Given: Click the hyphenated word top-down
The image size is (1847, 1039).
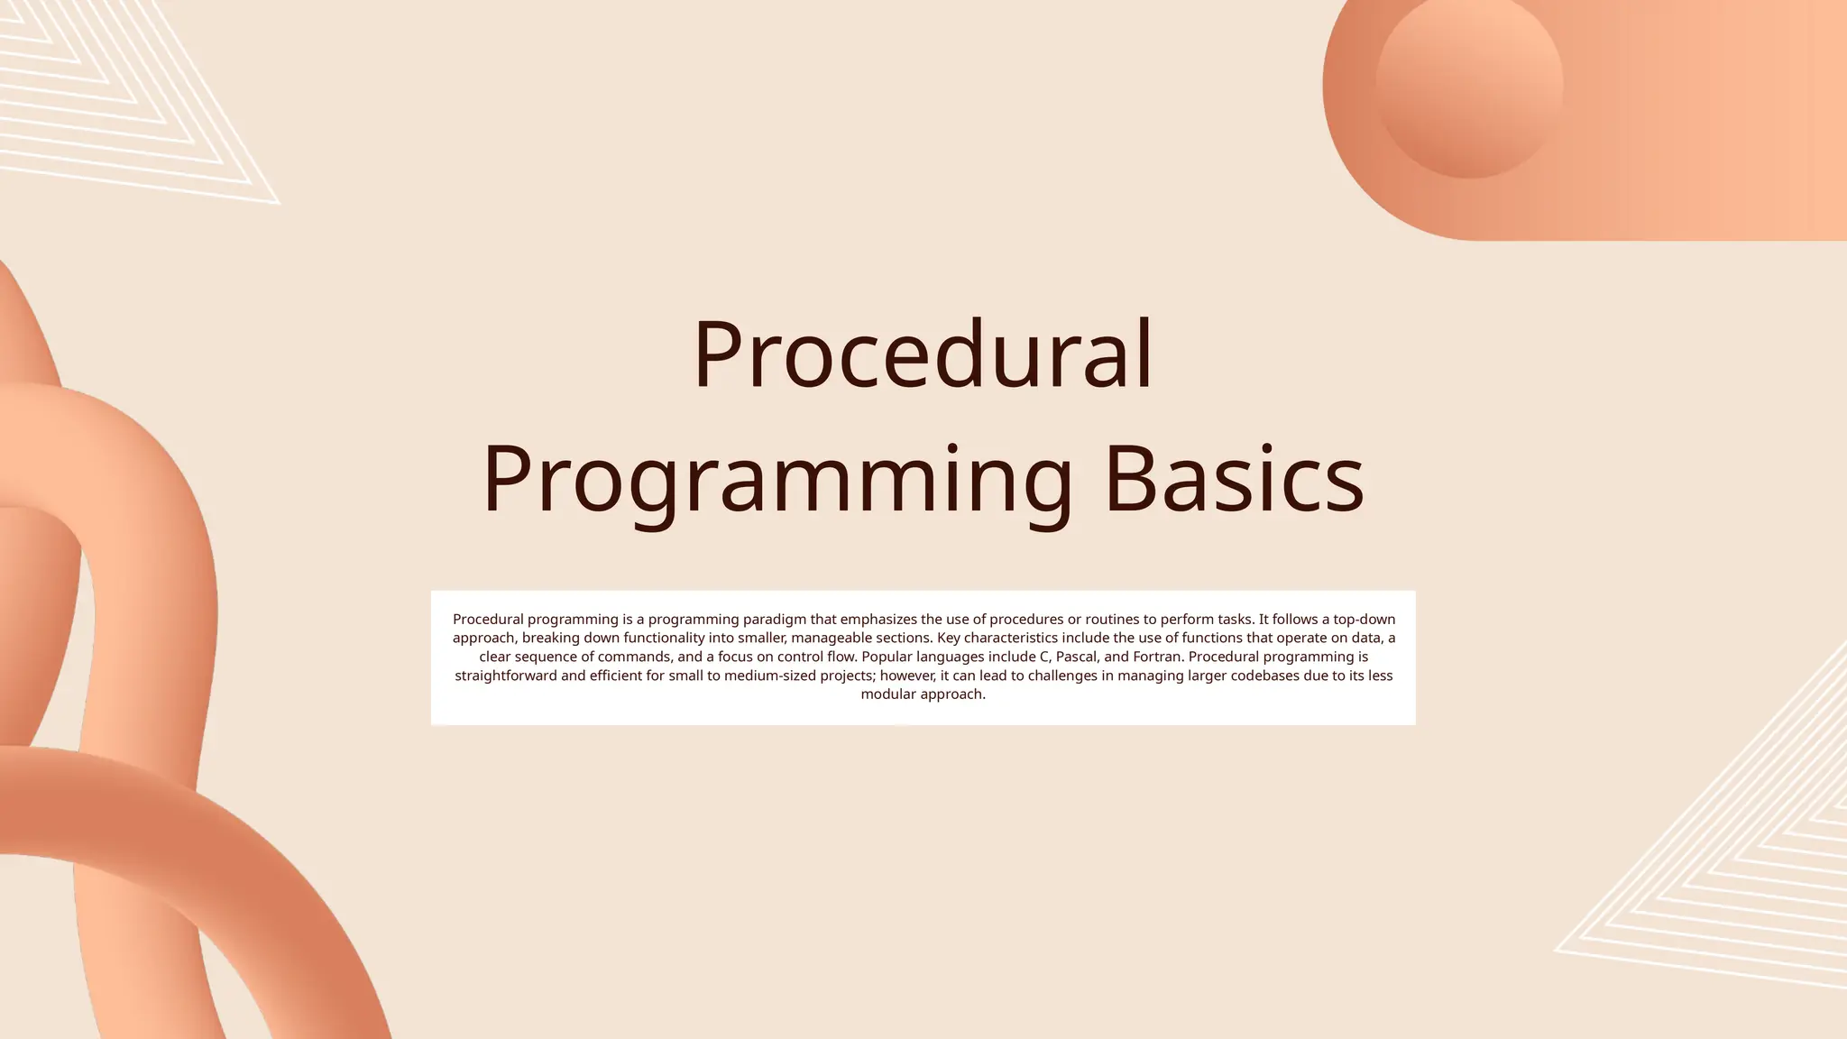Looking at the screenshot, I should click(x=1365, y=620).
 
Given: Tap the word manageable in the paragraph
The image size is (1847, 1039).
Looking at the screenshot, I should click(x=824, y=639).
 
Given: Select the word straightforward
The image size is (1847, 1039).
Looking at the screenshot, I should click(x=505, y=676).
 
